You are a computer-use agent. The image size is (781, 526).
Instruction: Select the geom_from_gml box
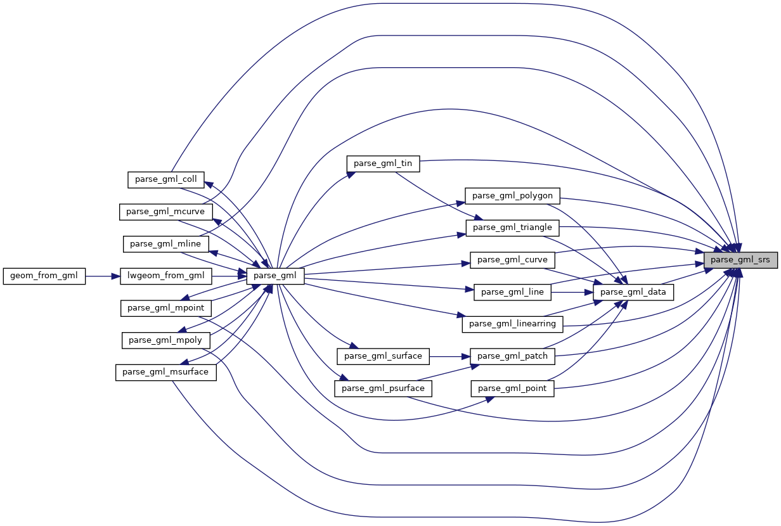[x=44, y=276]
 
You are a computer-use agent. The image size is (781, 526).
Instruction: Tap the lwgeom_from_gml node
[x=166, y=276]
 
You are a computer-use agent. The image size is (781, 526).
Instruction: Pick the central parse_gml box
[x=276, y=276]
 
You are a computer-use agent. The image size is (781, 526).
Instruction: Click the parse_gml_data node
[x=633, y=292]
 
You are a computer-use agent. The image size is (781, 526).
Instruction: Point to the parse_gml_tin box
[x=383, y=164]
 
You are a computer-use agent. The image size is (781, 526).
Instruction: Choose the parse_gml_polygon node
[x=512, y=195]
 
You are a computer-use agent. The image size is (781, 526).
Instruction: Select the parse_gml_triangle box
[x=513, y=228]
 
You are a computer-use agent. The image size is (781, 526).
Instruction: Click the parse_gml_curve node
[x=513, y=260]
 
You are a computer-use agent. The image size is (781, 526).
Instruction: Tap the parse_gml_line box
[x=513, y=292]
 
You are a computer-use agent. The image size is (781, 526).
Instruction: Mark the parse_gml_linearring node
[x=512, y=324]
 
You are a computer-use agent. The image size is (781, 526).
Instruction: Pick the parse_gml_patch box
[x=513, y=356]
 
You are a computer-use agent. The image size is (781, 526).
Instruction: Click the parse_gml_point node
[x=512, y=388]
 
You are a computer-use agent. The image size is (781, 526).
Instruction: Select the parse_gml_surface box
[x=383, y=356]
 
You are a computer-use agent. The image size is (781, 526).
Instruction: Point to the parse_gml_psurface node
[x=383, y=388]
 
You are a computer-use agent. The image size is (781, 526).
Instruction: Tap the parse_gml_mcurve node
[x=165, y=212]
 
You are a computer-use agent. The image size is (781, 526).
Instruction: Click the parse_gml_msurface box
[x=165, y=372]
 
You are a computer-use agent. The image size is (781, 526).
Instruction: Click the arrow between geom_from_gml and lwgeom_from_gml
[x=103, y=276]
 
